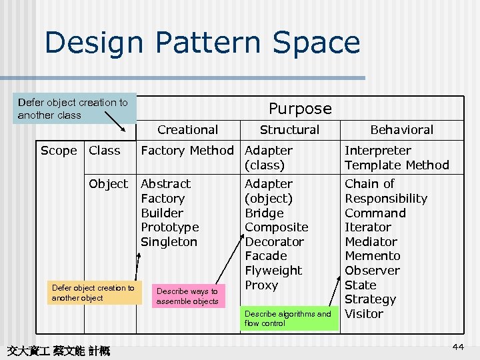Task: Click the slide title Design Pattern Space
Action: (x=202, y=43)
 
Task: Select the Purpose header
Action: (x=299, y=108)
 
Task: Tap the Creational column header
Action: (x=187, y=130)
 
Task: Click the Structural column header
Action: (x=289, y=130)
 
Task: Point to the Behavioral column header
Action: (x=401, y=130)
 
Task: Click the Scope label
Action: (x=59, y=151)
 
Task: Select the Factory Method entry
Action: (x=187, y=151)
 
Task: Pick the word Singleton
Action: (x=169, y=242)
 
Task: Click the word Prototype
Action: (x=169, y=227)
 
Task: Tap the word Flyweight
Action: (x=273, y=271)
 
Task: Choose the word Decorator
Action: (x=274, y=242)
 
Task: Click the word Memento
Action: (x=372, y=256)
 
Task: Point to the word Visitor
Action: (x=364, y=314)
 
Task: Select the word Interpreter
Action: (x=377, y=151)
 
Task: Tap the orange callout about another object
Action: (x=93, y=293)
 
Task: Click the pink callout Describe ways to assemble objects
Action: (x=187, y=296)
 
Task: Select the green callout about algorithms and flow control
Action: (x=287, y=318)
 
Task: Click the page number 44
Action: (x=457, y=347)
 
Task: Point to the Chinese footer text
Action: (x=58, y=350)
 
